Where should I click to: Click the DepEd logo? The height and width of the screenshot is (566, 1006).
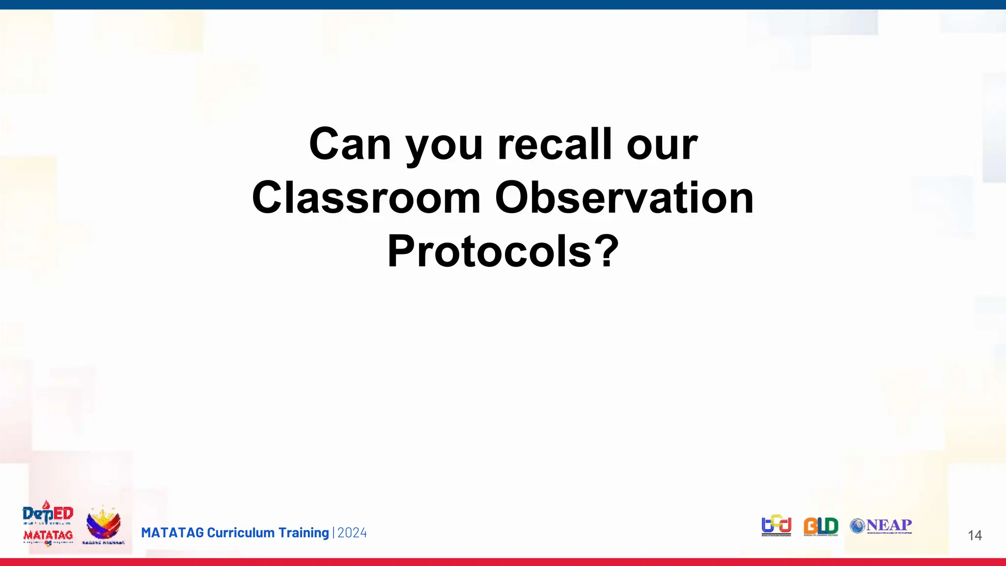48,513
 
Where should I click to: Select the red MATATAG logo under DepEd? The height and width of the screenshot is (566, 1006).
48,536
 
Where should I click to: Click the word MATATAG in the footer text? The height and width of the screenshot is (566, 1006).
172,533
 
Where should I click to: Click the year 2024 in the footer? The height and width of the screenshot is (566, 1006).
352,533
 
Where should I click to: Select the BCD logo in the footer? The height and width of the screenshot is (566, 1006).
776,525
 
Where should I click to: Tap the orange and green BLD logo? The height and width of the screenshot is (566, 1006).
821,526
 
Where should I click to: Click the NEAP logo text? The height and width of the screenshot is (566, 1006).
889,525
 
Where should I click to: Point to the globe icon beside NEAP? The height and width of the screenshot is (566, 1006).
857,526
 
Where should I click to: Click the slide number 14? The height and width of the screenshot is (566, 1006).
975,535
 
